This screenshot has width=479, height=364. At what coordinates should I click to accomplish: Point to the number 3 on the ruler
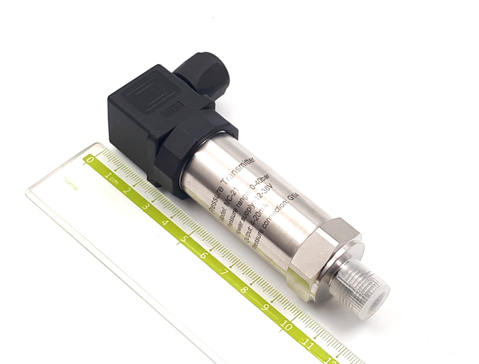point(146,207)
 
